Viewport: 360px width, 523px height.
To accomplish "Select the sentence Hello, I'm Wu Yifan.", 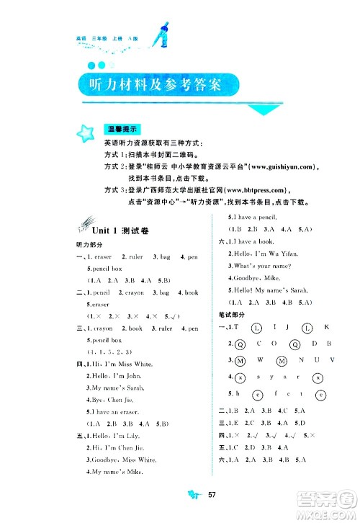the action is coord(263,254).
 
